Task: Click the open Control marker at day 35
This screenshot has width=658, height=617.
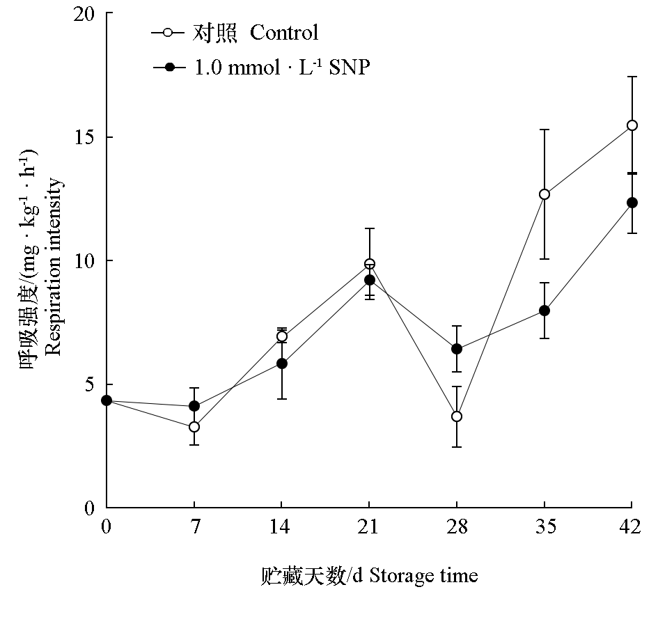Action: pos(545,194)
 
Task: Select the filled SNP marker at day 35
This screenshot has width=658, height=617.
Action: pos(545,311)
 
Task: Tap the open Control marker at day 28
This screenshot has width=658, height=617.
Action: pos(457,416)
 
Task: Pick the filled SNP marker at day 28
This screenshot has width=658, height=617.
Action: pos(457,349)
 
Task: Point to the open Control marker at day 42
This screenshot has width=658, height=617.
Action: pos(632,125)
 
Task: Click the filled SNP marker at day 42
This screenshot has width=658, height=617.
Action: pos(632,203)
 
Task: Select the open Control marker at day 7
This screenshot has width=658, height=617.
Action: pos(194,427)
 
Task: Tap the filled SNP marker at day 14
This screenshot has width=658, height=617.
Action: pos(282,364)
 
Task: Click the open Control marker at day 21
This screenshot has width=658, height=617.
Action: pos(370,264)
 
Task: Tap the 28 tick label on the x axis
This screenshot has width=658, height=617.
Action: pos(457,527)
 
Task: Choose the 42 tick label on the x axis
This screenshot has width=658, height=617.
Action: pos(631,527)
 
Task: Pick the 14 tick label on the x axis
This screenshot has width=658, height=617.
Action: pos(282,527)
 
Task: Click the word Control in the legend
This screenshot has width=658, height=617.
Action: pos(284,33)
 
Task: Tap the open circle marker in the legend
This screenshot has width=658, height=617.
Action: pos(169,32)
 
